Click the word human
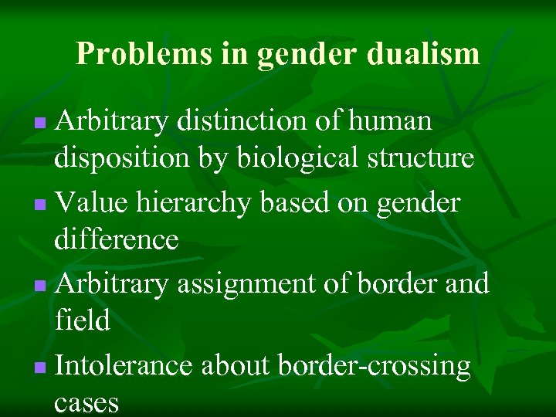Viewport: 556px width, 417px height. coord(391,121)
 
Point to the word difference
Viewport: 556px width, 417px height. coord(117,240)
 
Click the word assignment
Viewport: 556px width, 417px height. coord(242,285)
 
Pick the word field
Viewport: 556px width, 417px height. coord(82,320)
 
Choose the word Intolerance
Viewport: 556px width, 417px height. coord(124,366)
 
